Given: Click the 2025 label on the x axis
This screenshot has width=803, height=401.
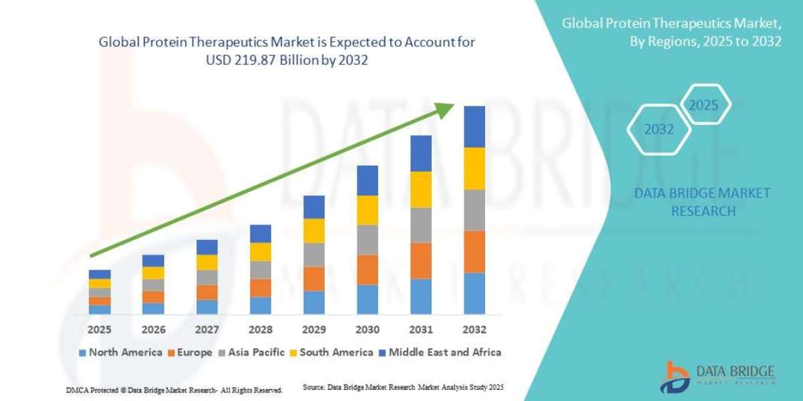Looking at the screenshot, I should coord(100,329).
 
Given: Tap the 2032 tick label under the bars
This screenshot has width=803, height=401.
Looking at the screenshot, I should coord(474,329).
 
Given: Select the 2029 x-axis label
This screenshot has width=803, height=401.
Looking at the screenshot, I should coord(314,329).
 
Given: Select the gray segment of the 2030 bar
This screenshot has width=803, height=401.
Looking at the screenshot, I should coord(367,240).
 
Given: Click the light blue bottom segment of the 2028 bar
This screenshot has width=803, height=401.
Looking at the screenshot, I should coord(260,305).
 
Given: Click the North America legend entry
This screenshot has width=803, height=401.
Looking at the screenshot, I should coord(120,352).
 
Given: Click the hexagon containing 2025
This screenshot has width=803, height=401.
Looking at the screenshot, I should coord(703,106).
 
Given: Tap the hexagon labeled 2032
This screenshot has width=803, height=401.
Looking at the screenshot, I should coord(658,130).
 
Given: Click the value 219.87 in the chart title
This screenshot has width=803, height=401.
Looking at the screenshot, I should coord(249,59).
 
